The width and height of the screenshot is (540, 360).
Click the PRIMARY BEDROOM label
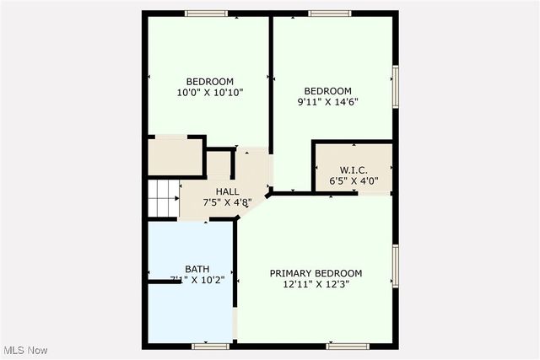tap(316, 273)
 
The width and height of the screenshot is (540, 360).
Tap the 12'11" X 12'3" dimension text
tap(316, 285)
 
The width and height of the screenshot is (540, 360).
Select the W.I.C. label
tap(353, 169)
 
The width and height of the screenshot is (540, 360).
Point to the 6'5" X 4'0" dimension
tap(353, 180)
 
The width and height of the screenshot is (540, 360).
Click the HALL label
tap(227, 191)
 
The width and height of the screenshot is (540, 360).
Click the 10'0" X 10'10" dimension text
tap(209, 93)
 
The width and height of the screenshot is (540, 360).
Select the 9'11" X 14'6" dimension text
tap(327, 103)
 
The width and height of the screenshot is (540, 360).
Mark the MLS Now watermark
tap(24, 350)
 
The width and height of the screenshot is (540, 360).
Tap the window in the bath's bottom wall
tap(210, 346)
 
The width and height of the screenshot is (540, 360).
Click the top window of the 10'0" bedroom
tap(207, 13)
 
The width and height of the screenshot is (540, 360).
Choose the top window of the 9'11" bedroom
tap(329, 13)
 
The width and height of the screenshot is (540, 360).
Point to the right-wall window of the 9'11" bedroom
tap(395, 86)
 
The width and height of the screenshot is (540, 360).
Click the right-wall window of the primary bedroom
tap(395, 266)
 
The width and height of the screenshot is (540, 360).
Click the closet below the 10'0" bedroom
tap(175, 157)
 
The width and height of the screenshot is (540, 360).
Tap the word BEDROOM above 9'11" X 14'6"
tap(327, 91)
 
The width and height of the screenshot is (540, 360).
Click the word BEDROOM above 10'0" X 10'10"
tap(210, 82)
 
